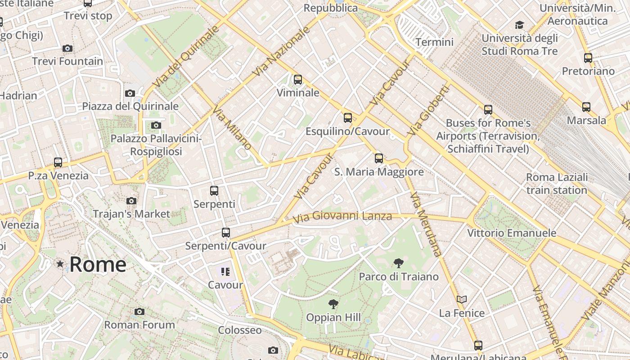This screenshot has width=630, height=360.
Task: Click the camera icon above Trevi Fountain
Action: point(67,48)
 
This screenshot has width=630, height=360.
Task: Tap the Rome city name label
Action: point(98,264)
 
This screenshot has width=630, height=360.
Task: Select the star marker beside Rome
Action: point(60,264)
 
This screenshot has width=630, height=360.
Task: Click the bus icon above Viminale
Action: point(297,80)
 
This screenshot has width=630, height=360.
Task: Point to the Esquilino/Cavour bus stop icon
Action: point(347,118)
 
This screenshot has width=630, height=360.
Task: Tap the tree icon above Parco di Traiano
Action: point(398,263)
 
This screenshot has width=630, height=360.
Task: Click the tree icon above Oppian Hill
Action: point(333,304)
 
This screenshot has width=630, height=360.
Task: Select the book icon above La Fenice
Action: point(462,299)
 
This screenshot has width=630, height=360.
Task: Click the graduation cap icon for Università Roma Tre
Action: point(520,25)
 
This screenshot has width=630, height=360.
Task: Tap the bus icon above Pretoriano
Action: point(588,58)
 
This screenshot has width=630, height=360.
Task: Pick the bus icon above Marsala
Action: point(586,107)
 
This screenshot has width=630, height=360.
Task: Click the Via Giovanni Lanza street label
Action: point(342,217)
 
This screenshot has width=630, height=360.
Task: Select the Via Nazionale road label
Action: point(282,51)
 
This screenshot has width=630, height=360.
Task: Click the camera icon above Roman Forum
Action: point(139,311)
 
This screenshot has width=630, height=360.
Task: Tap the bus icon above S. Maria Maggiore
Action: point(379,158)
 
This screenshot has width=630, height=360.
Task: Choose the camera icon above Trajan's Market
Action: point(131,201)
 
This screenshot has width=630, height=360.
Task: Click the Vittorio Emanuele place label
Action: point(512,233)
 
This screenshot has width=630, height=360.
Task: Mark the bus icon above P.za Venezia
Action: point(58,162)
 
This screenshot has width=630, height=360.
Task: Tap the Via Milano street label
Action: point(232,128)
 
